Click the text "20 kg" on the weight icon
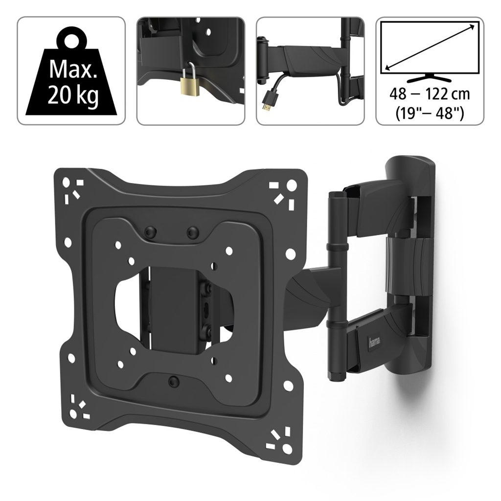(x=73, y=95)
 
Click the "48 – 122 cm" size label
(x=430, y=94)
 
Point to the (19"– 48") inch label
(x=430, y=112)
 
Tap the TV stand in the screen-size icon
(x=430, y=78)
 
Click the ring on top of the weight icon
(x=73, y=41)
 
